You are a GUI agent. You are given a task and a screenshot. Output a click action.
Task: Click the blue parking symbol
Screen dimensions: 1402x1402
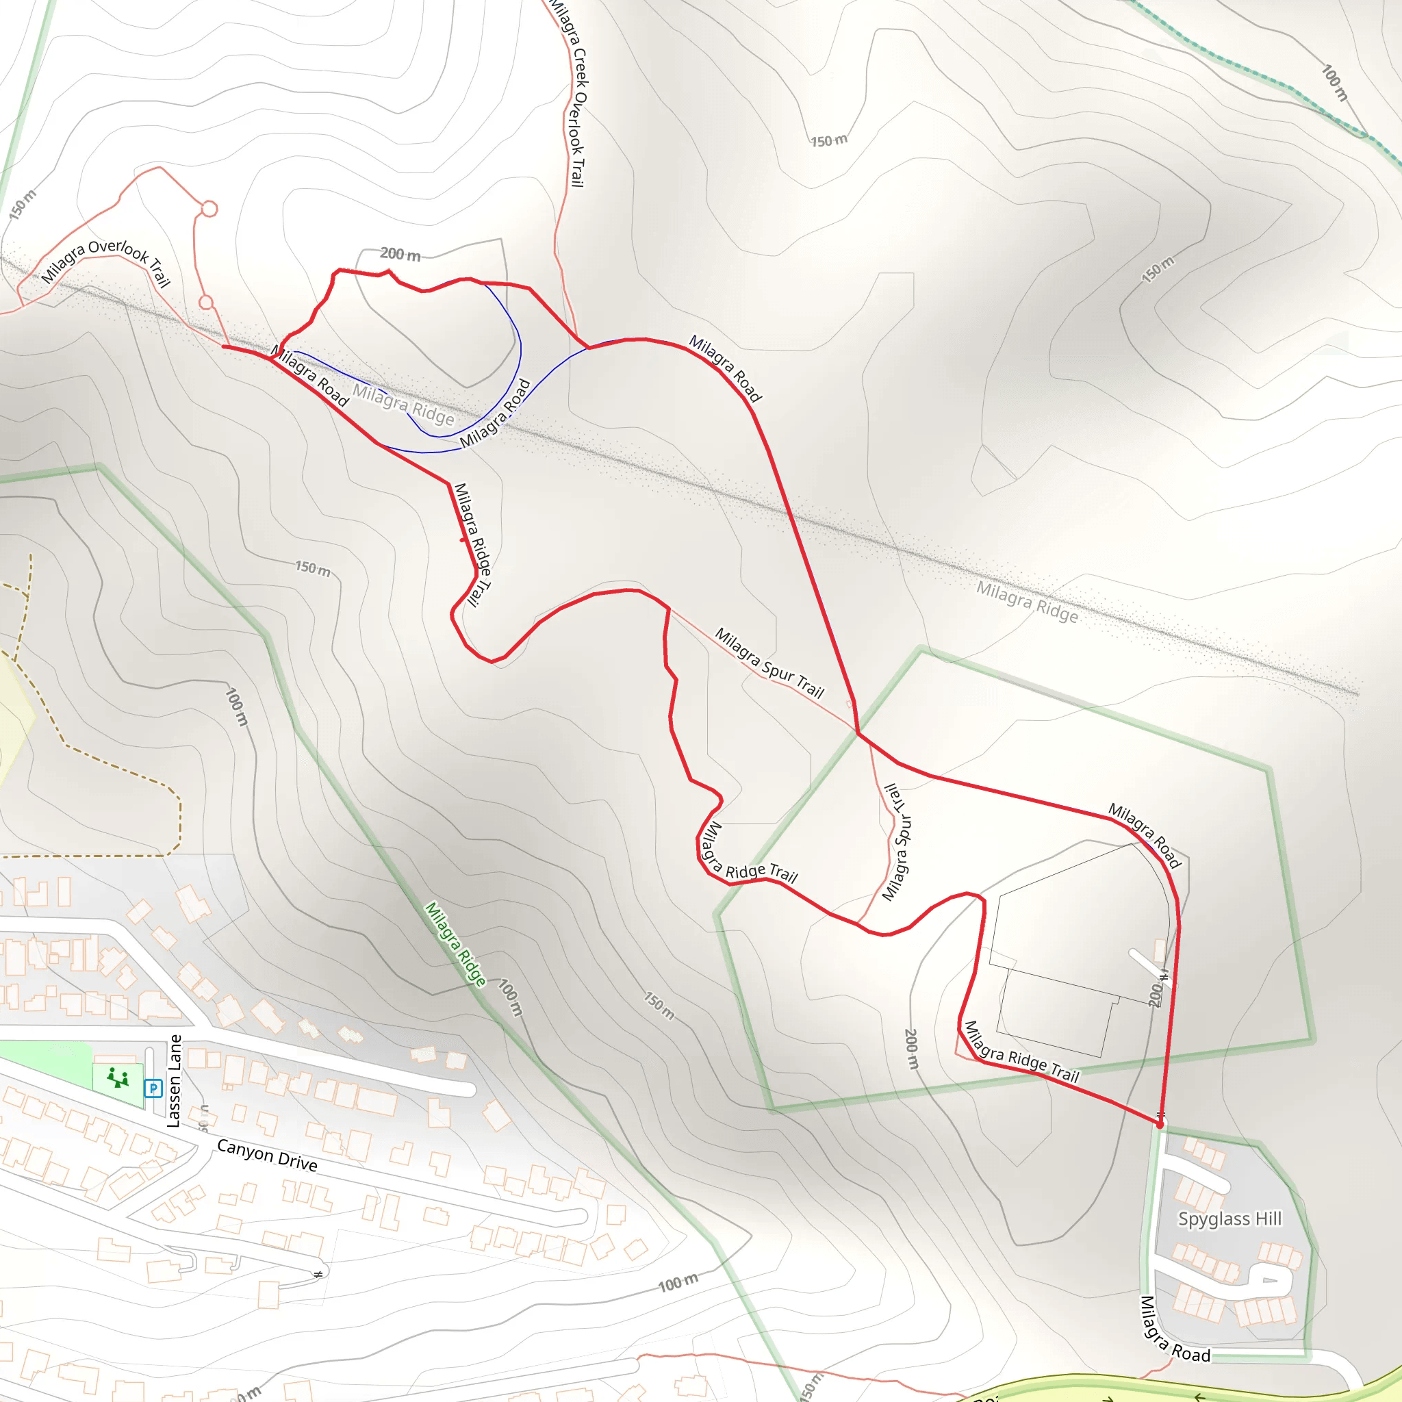click(153, 1088)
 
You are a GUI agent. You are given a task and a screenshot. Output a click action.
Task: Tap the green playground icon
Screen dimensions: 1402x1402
click(118, 1078)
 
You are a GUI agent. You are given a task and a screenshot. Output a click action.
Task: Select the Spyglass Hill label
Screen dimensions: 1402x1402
click(1229, 1219)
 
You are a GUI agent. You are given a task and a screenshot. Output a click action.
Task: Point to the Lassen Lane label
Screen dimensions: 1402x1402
click(173, 1080)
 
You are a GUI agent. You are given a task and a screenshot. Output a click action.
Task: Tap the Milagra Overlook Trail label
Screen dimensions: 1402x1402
click(105, 262)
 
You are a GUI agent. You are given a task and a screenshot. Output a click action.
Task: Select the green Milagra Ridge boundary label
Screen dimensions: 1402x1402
click(455, 944)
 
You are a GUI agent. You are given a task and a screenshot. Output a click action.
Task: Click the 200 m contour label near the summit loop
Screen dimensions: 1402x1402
click(400, 254)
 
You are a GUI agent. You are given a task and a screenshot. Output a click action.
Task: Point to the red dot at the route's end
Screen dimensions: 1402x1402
click(1160, 1125)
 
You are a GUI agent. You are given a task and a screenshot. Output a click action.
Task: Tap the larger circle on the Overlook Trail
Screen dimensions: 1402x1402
click(209, 209)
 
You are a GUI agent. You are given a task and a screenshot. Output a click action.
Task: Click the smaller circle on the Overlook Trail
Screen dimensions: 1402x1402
click(205, 302)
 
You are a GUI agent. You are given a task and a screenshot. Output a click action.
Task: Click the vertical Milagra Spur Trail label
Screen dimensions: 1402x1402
click(897, 842)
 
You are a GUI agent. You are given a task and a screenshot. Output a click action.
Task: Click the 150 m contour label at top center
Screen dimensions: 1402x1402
click(828, 140)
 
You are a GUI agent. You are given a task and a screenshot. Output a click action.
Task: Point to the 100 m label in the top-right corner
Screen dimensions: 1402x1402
click(1334, 83)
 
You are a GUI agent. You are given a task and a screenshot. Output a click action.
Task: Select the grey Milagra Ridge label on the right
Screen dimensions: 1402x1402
click(1027, 601)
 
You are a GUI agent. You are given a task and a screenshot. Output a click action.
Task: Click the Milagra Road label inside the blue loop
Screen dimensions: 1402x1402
click(496, 413)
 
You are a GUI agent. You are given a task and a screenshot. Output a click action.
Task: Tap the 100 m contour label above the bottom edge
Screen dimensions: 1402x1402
click(678, 1282)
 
